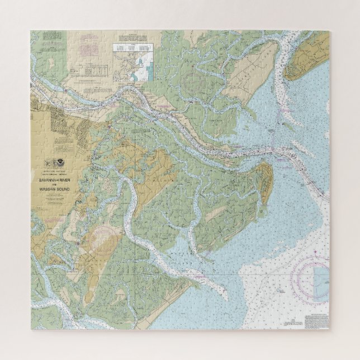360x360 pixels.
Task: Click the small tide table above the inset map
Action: coord(134,50)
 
